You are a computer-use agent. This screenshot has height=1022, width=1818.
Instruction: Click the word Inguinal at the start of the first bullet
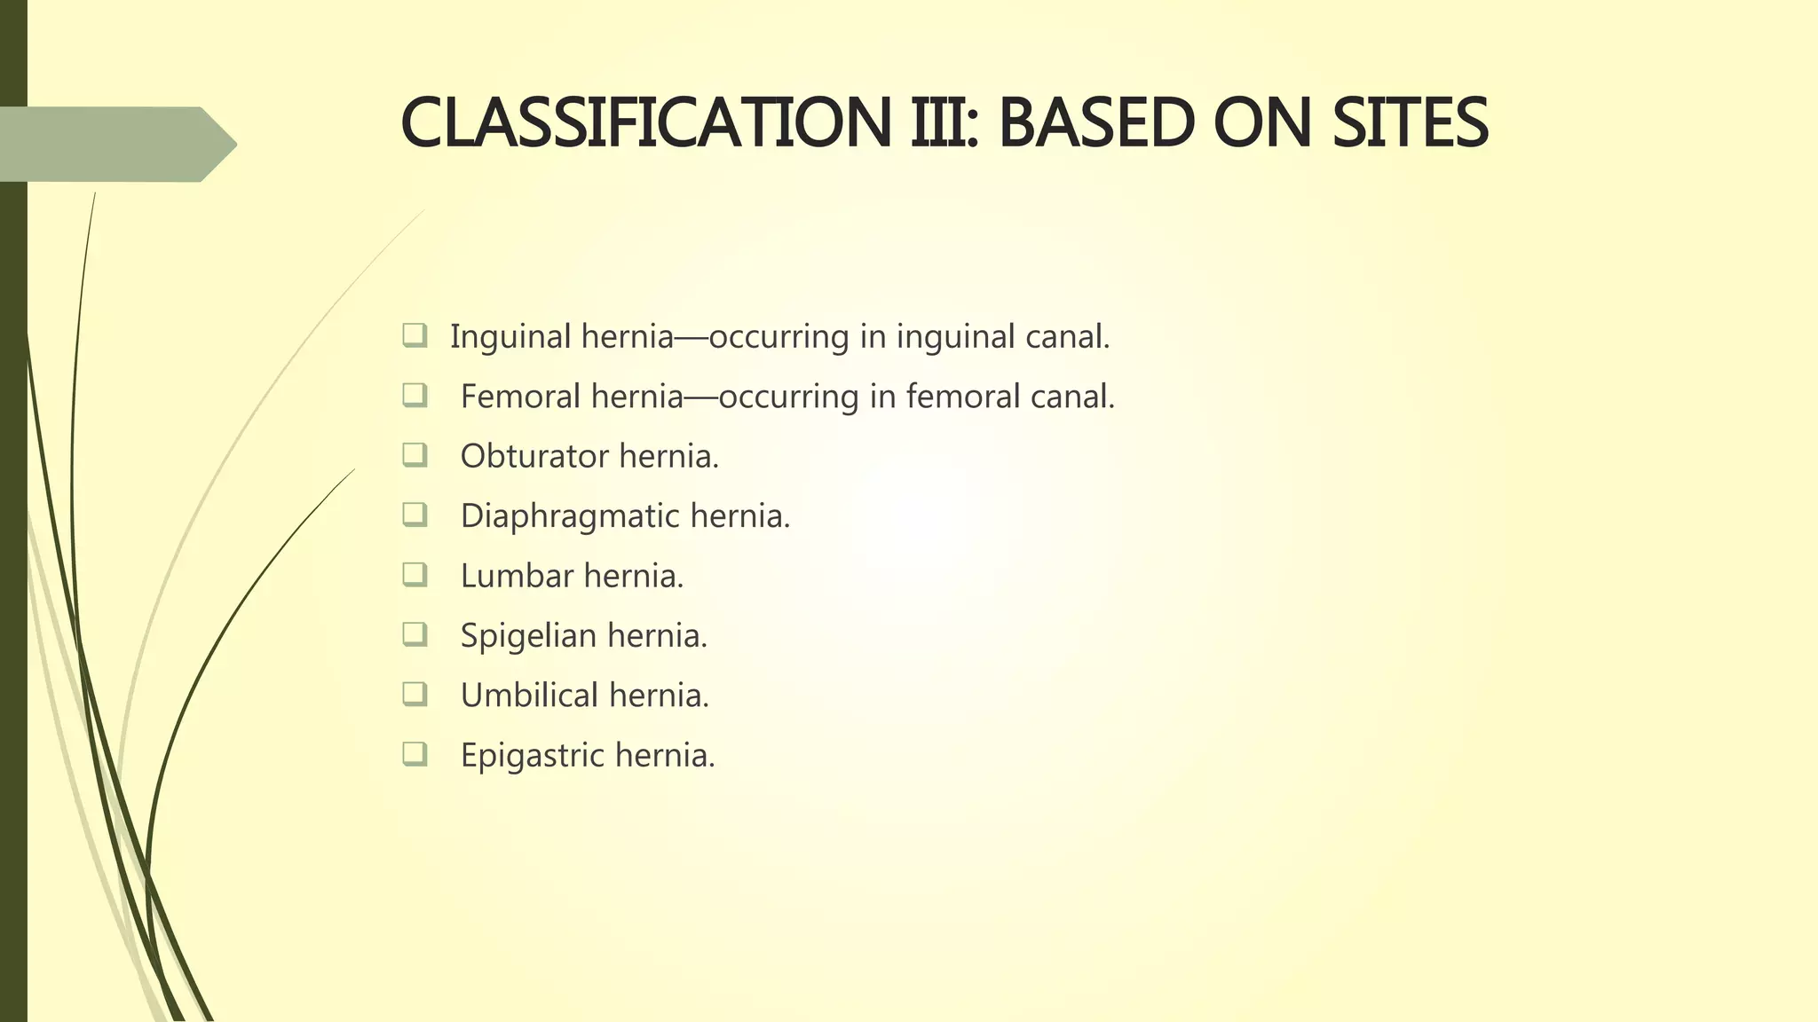tap(510, 337)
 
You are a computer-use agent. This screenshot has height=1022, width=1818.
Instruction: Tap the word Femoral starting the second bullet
tap(520, 397)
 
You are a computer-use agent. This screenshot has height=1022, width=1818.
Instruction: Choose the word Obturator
tap(534, 456)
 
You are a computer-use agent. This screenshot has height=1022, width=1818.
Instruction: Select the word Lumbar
tap(517, 576)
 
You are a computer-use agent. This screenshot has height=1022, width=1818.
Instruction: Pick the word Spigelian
tap(528, 636)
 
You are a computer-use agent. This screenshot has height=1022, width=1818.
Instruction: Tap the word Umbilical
tap(529, 696)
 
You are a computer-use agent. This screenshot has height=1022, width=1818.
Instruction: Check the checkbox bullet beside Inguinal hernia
tap(415, 335)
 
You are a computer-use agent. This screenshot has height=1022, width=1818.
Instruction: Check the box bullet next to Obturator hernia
tap(415, 455)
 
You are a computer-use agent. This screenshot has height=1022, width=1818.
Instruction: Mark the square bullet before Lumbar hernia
tap(415, 575)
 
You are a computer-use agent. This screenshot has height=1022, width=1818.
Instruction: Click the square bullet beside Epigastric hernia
tap(415, 754)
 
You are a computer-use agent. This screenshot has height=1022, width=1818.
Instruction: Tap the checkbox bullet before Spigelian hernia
tap(415, 634)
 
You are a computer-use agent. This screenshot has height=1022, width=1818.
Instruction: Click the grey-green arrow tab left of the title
tap(115, 144)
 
